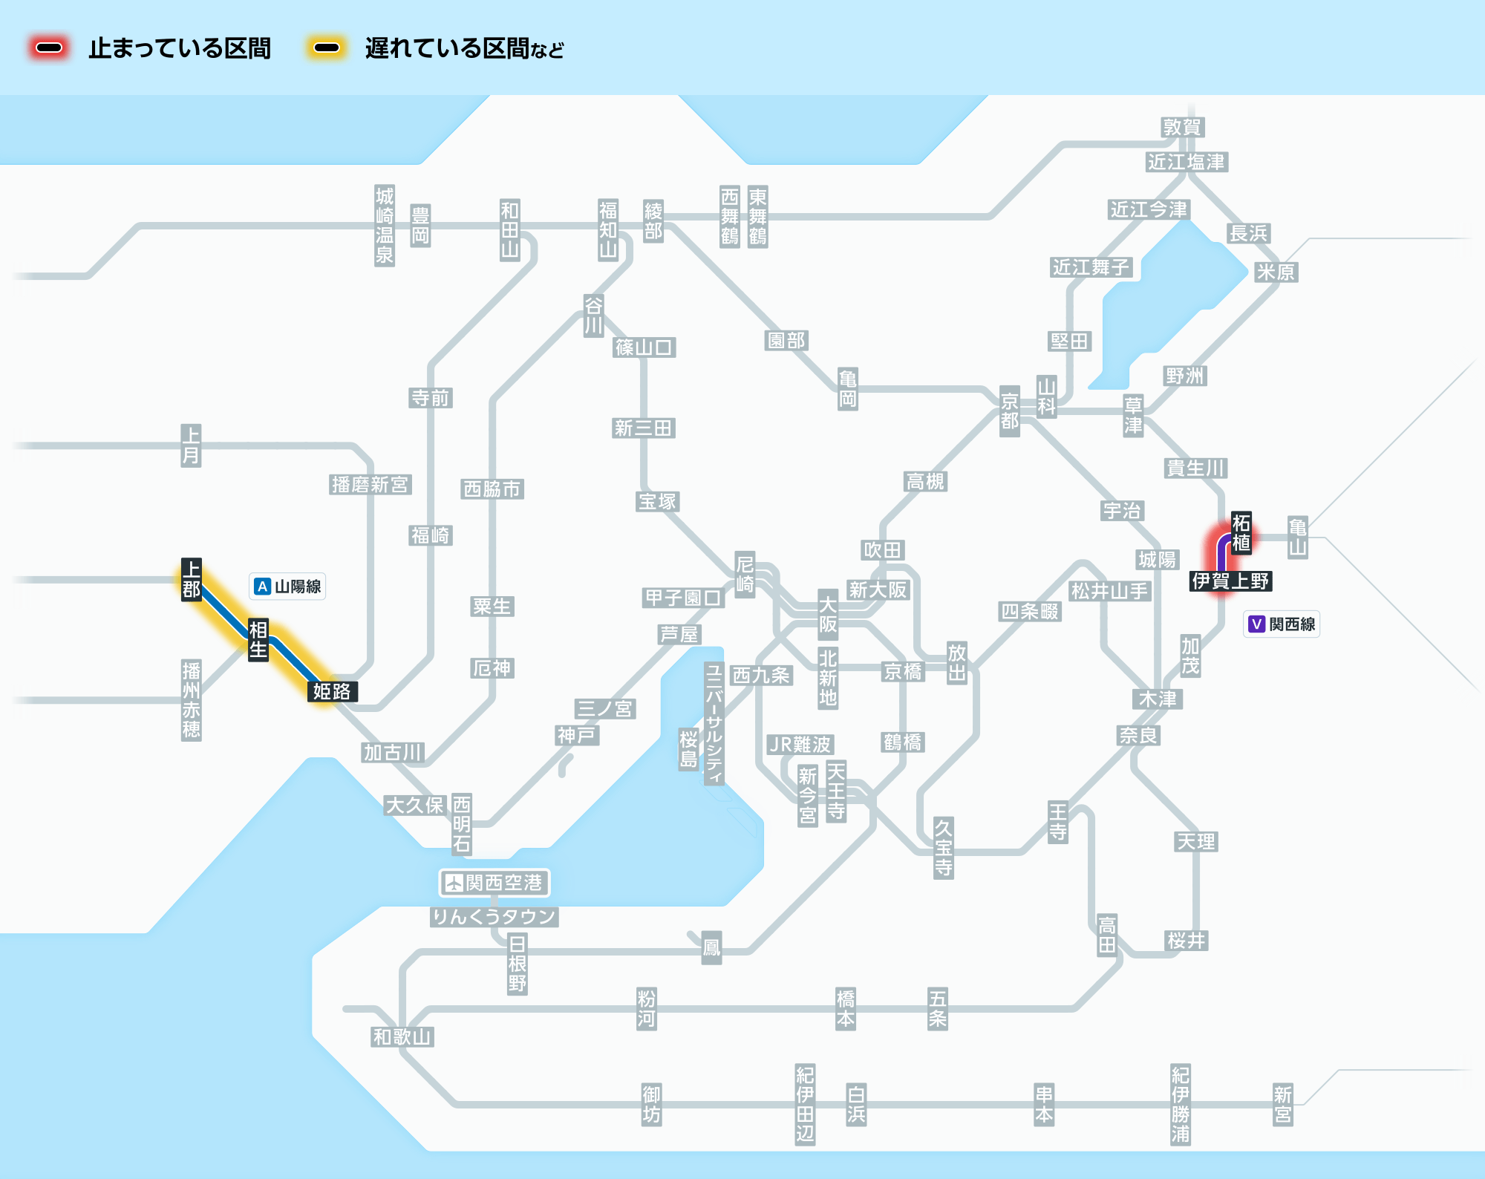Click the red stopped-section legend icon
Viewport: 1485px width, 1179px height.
tap(49, 48)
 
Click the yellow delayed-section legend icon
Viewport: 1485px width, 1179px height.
tap(327, 48)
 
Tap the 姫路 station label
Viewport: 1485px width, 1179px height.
tap(332, 691)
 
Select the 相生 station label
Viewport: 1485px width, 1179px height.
tap(258, 639)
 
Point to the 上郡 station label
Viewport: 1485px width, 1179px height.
tap(192, 580)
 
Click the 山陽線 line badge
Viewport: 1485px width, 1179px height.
tap(287, 587)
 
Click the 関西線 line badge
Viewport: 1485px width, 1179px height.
tap(1282, 624)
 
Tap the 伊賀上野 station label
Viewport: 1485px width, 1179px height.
tap(1231, 581)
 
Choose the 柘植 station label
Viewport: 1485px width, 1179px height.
tap(1241, 532)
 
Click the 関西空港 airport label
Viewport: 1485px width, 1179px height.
tap(495, 883)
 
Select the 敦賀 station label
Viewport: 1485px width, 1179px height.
tap(1182, 127)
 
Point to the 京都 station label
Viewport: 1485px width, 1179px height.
tap(1010, 411)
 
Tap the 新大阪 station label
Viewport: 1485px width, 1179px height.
tap(878, 589)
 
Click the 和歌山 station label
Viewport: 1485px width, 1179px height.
tap(402, 1036)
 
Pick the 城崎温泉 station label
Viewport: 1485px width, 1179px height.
tap(385, 226)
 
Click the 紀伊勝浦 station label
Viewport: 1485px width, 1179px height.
tap(1181, 1104)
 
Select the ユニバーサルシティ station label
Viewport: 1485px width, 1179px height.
tap(714, 724)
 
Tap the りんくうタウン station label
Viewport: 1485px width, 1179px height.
tap(495, 917)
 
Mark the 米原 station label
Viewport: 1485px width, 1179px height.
tap(1276, 272)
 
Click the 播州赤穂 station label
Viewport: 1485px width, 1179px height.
tap(192, 700)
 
